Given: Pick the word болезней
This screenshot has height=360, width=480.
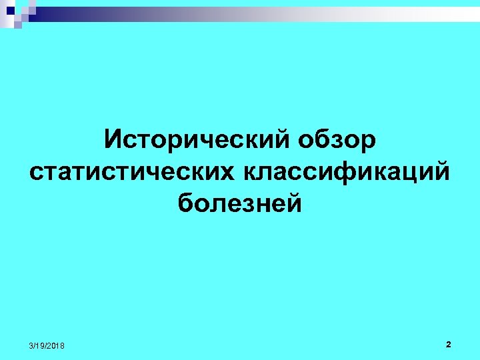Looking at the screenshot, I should pos(240,202).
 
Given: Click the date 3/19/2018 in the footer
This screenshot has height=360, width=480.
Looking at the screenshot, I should pos(47,345).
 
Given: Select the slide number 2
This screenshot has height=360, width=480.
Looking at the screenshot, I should pos(448,344).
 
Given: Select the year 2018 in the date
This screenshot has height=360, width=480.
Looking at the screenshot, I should pos(57,345).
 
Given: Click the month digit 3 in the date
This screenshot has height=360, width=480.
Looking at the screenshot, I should pos(31,345).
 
